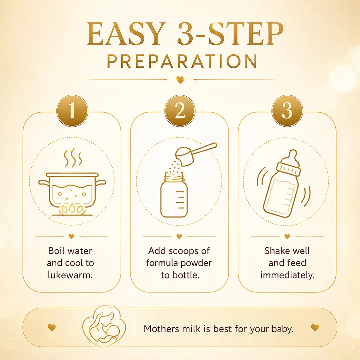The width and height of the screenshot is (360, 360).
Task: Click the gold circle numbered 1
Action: click(x=72, y=111)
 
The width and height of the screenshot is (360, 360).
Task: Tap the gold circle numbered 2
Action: click(x=180, y=111)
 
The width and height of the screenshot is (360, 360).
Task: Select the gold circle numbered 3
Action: click(x=287, y=111)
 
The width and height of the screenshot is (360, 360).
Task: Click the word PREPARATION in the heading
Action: click(x=182, y=61)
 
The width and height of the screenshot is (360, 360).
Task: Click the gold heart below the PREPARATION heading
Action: click(x=180, y=80)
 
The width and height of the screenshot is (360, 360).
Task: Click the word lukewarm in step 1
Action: click(x=70, y=275)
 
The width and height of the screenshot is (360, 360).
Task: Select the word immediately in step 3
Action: click(x=287, y=275)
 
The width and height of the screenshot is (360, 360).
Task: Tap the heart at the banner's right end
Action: click(x=315, y=328)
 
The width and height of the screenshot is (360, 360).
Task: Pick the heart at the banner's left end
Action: click(x=52, y=328)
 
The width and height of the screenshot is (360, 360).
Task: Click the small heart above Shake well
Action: click(x=287, y=236)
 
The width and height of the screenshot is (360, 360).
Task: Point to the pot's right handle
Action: click(x=101, y=183)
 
